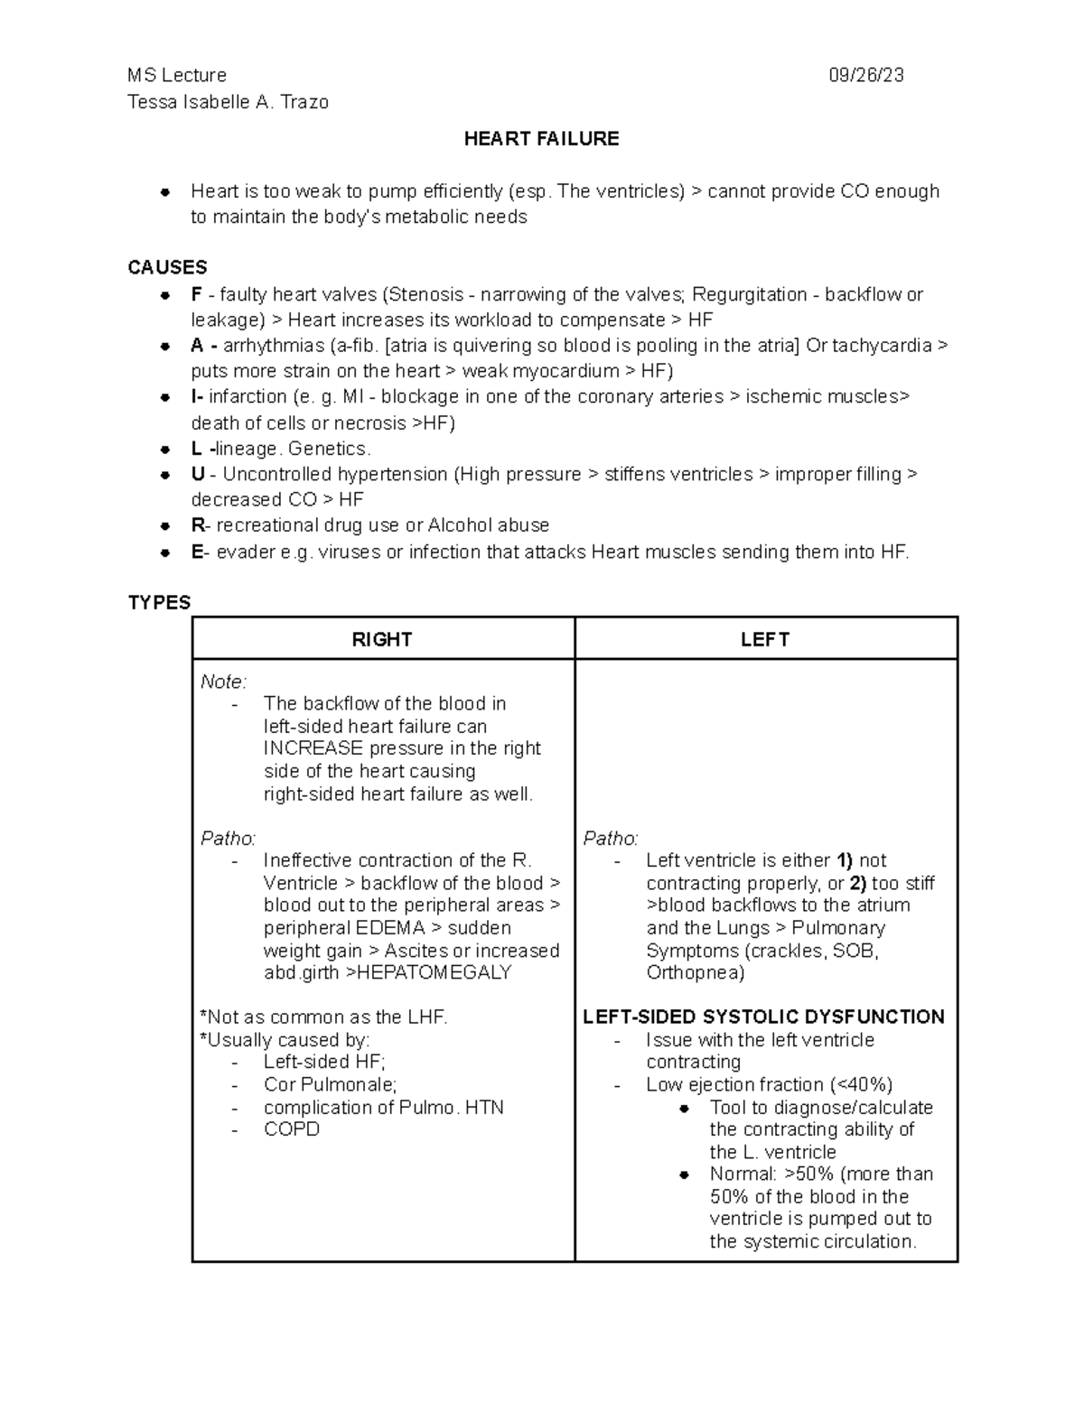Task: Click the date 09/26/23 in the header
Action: [865, 76]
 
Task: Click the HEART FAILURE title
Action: [541, 139]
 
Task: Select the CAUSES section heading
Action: [167, 268]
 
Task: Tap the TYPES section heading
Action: [159, 603]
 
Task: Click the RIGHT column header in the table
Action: [382, 640]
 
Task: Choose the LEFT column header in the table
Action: [765, 640]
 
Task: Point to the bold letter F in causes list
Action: [196, 295]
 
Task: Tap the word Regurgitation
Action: [749, 295]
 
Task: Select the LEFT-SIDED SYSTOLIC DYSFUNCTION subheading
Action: [763, 1017]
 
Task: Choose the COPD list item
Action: [291, 1129]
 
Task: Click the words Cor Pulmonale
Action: [330, 1085]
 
